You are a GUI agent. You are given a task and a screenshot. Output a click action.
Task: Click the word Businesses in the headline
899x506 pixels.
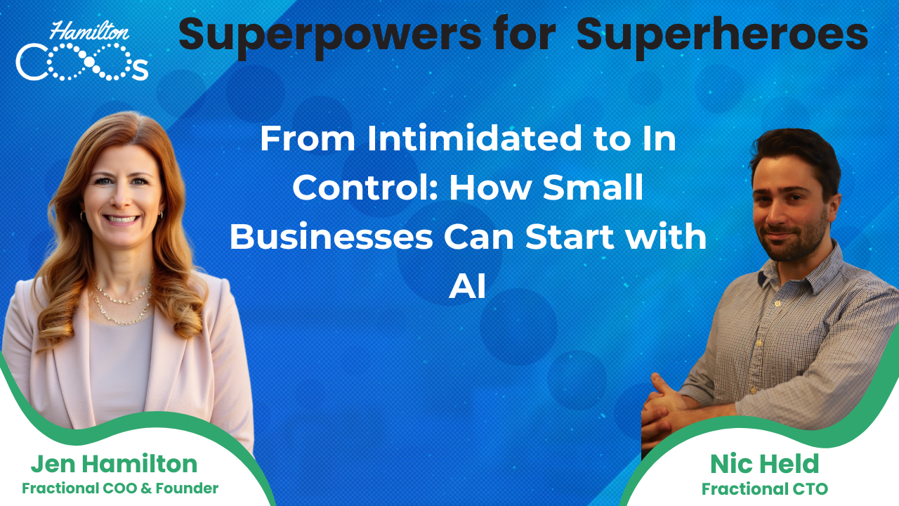[x=331, y=238]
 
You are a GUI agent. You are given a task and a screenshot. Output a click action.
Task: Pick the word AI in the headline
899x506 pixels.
[x=467, y=287]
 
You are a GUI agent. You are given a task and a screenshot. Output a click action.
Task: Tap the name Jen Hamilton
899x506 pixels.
[x=114, y=464]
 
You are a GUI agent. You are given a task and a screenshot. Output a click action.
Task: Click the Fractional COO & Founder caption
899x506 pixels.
[x=120, y=488]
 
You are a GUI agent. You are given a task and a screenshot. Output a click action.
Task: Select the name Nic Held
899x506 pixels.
[x=764, y=464]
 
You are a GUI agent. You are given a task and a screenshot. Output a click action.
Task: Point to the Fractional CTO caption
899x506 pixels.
[x=764, y=488]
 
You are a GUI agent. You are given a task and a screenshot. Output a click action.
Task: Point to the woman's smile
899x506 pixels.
[x=122, y=219]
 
